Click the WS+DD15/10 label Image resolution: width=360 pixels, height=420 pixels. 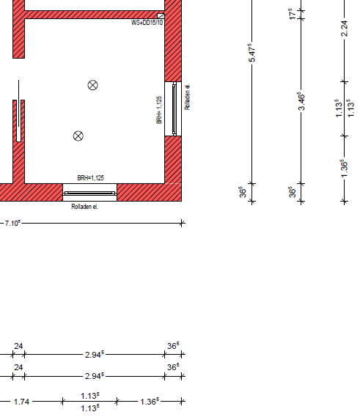[x=147, y=23]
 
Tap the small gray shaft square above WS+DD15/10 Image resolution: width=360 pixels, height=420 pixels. [x=161, y=16]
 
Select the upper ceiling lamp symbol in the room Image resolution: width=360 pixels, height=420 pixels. [x=92, y=85]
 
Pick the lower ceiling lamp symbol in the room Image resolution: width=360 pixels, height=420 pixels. [x=78, y=136]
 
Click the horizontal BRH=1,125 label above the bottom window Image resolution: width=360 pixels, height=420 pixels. [x=90, y=178]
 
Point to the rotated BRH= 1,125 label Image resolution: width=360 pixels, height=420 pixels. [x=159, y=110]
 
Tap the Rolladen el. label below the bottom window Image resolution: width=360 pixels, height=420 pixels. [x=84, y=207]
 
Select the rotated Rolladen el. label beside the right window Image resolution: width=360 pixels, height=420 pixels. [x=187, y=97]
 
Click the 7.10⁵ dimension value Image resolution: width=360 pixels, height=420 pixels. [x=12, y=223]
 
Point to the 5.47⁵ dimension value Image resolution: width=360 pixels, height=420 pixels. [x=251, y=53]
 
